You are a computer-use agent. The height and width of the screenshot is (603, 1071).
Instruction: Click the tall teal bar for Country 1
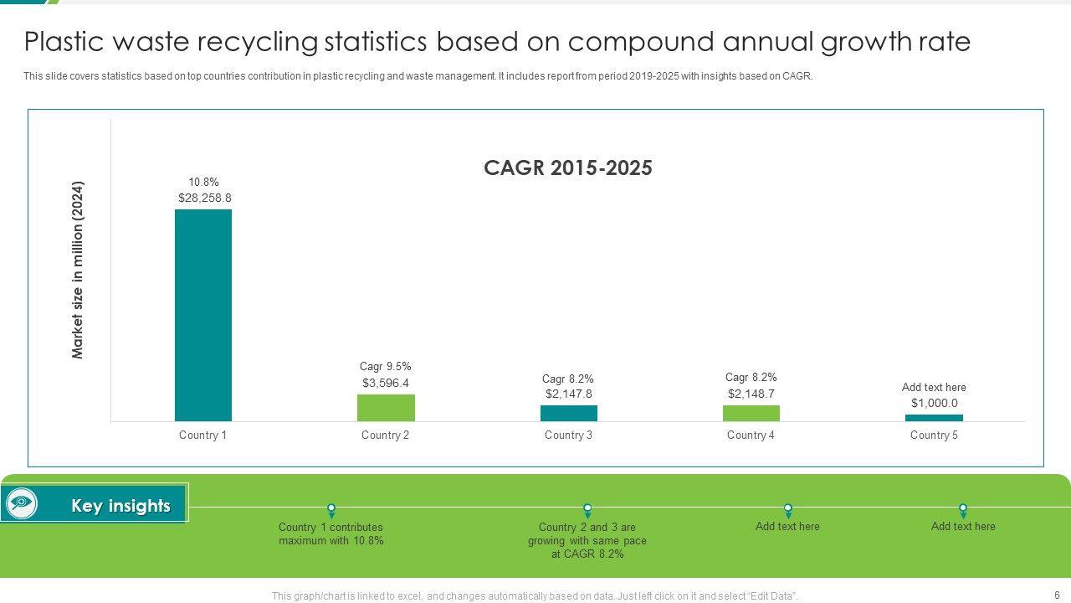click(203, 315)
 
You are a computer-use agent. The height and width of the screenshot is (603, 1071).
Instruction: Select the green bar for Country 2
click(386, 408)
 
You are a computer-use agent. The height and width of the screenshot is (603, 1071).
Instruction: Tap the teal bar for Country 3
click(569, 413)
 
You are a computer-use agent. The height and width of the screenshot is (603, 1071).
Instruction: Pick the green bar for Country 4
click(751, 413)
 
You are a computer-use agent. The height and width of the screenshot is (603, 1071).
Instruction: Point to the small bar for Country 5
click(934, 418)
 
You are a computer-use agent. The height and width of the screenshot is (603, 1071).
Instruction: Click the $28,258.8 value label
click(205, 198)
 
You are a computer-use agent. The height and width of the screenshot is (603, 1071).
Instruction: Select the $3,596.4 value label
click(386, 384)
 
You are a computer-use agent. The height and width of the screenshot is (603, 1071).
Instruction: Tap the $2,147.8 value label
click(569, 394)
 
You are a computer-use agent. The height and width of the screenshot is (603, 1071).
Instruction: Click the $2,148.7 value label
click(751, 394)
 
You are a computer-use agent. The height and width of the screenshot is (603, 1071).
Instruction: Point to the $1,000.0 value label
click(935, 403)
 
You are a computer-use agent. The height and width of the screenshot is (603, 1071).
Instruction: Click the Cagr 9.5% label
click(386, 367)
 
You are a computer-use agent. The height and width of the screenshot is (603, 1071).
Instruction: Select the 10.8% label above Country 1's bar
click(203, 183)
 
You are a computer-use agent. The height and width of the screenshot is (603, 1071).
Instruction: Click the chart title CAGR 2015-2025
click(568, 168)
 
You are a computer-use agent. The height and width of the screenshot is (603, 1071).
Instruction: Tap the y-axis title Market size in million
click(78, 270)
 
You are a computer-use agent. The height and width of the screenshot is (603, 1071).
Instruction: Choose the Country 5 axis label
click(934, 435)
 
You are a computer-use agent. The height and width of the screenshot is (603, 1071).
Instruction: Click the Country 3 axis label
click(568, 435)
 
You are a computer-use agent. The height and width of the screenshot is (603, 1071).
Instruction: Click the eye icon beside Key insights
click(21, 503)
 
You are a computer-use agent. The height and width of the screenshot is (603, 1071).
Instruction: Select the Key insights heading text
click(120, 506)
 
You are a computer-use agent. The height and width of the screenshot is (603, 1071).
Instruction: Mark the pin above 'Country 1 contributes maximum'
click(331, 510)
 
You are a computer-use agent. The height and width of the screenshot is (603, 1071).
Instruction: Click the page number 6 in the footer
click(1057, 595)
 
